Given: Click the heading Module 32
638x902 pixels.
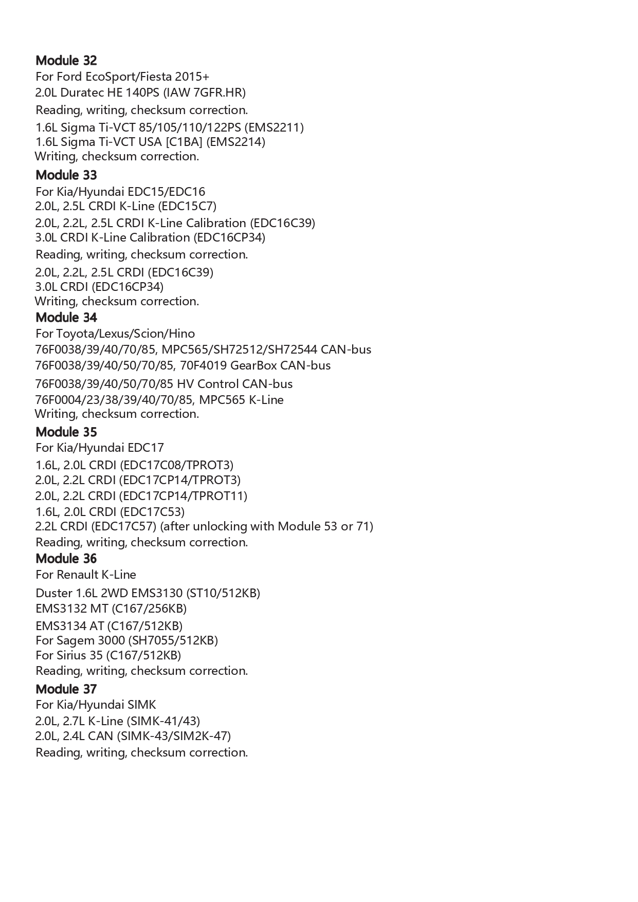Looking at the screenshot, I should tap(66, 61).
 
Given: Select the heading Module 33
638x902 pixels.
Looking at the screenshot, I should tap(66, 175).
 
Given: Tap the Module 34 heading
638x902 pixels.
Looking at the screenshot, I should tap(66, 318).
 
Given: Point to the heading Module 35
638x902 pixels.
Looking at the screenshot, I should tap(66, 432).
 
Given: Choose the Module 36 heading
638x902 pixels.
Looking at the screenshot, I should tap(66, 559).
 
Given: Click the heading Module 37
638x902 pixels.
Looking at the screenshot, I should tap(66, 689).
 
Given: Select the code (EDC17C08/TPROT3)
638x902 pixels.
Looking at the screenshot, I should tap(176, 465).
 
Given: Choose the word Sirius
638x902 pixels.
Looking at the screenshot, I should tap(71, 655).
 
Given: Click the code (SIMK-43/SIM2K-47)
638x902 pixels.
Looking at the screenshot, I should tap(174, 736).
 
